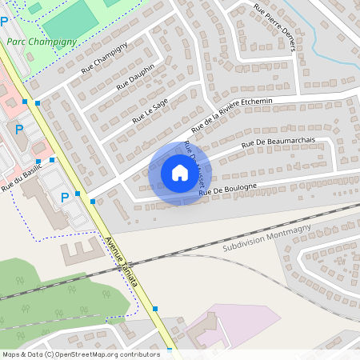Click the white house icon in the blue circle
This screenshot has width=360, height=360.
(x=179, y=172)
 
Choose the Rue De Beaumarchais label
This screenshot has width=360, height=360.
(x=279, y=143)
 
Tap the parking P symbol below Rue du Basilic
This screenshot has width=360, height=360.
(x=65, y=197)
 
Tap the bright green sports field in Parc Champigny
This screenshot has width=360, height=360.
(x=67, y=21)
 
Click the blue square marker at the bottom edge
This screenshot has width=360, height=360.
(x=170, y=351)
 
